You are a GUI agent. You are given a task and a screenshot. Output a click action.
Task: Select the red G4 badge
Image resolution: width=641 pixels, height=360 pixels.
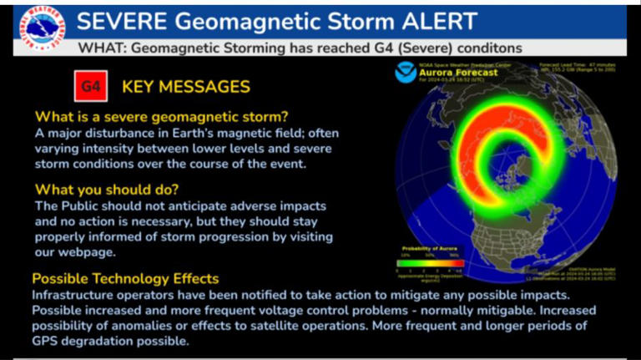[88, 86]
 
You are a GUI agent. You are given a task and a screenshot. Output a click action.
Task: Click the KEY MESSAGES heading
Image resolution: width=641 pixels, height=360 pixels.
[185, 86]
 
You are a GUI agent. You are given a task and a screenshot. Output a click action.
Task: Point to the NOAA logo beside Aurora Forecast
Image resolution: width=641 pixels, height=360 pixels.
[406, 72]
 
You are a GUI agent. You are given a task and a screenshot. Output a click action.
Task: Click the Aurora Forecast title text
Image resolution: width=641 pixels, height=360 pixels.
[462, 73]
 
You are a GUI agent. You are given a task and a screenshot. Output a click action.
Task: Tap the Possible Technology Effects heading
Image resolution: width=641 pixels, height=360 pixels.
[125, 278]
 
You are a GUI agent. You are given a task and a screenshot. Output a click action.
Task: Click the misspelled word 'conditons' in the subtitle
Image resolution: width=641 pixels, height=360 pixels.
[487, 48]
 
